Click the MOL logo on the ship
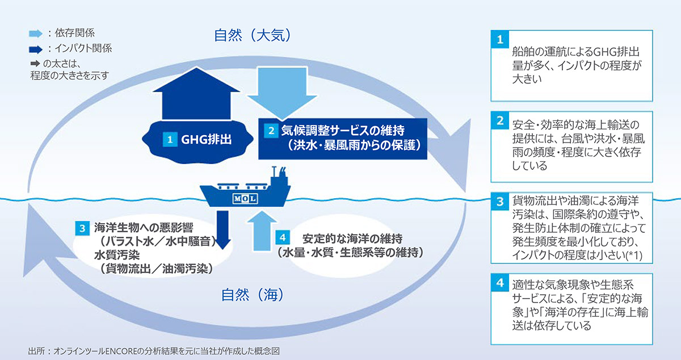tap(245, 199)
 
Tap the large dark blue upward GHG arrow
tap(196, 94)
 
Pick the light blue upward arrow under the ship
tap(262, 231)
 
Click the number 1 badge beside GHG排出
tap(170, 139)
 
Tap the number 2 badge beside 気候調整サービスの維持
tap(271, 131)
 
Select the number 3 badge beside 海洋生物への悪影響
tap(82, 228)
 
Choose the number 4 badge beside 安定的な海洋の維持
tap(283, 237)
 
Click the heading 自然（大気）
tap(253, 35)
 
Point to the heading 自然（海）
tap(253, 295)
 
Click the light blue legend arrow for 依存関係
tap(36, 34)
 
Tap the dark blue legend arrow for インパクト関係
tap(36, 49)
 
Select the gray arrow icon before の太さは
tap(35, 64)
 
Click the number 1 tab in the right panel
tap(500, 39)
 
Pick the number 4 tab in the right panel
tap(500, 283)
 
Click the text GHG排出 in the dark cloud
tap(206, 139)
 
